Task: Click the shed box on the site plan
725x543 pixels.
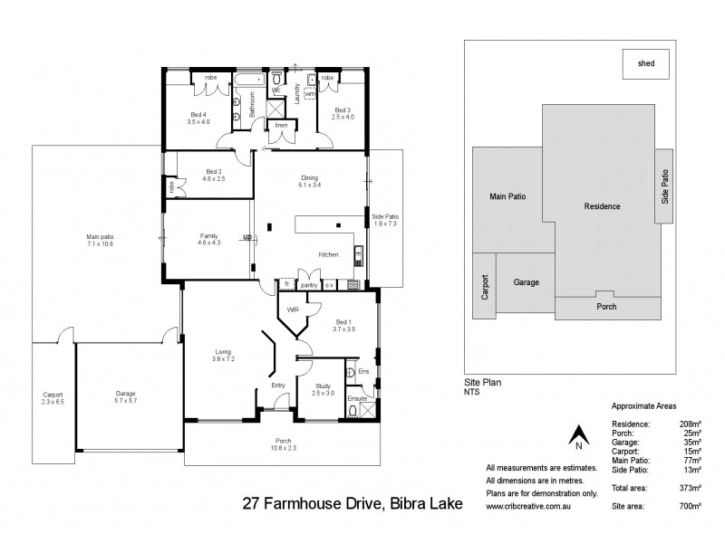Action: pos(646,64)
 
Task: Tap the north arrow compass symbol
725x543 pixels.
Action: pos(575,439)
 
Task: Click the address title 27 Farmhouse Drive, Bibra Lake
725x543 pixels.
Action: pos(353,503)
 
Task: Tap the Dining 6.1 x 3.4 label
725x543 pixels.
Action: pos(310,181)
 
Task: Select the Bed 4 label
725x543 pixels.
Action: pos(198,117)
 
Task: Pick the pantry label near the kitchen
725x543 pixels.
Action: pos(308,284)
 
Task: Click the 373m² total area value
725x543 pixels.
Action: pos(690,487)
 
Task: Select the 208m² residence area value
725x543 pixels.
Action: pos(690,424)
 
